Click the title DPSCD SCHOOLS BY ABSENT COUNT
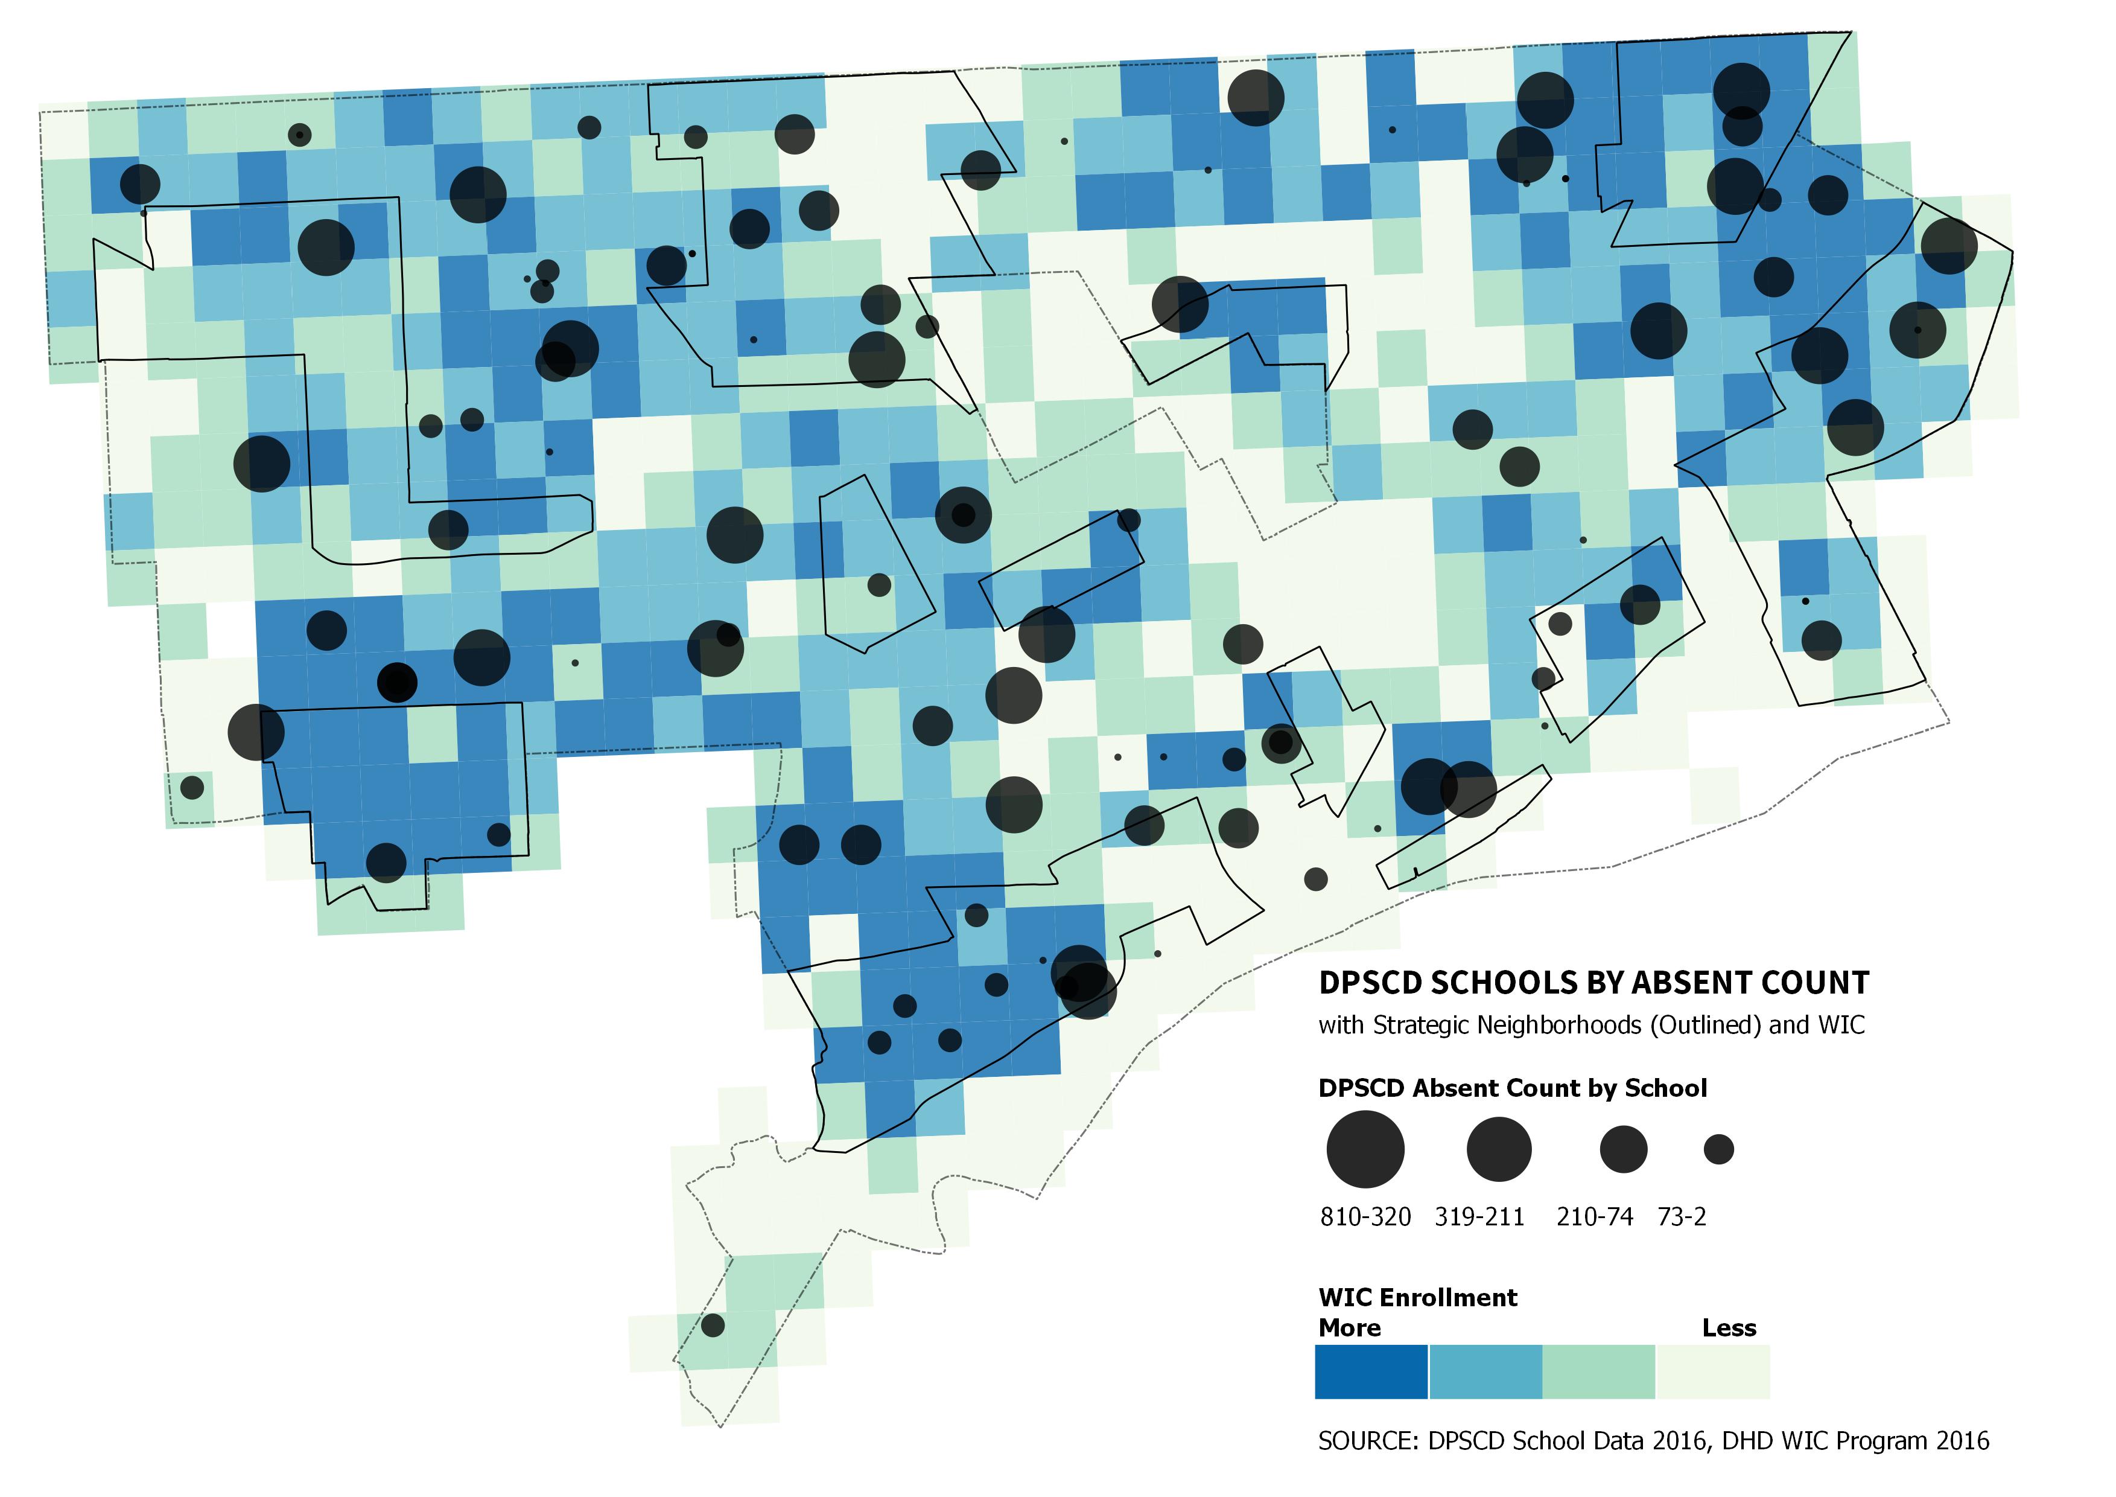pyautogui.click(x=1593, y=983)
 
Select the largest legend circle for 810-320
pyautogui.click(x=1365, y=1149)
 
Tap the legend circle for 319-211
pyautogui.click(x=1499, y=1149)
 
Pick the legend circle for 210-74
pyautogui.click(x=1623, y=1149)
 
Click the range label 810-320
pyautogui.click(x=1365, y=1218)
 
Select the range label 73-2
pyautogui.click(x=1682, y=1218)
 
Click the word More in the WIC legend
pyautogui.click(x=1349, y=1329)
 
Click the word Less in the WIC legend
pyautogui.click(x=1729, y=1329)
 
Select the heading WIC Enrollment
pyautogui.click(x=1417, y=1298)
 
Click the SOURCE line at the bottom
pyautogui.click(x=1653, y=1441)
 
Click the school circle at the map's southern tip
pyautogui.click(x=713, y=1326)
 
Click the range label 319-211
pyautogui.click(x=1479, y=1218)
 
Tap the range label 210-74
pyautogui.click(x=1594, y=1218)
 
